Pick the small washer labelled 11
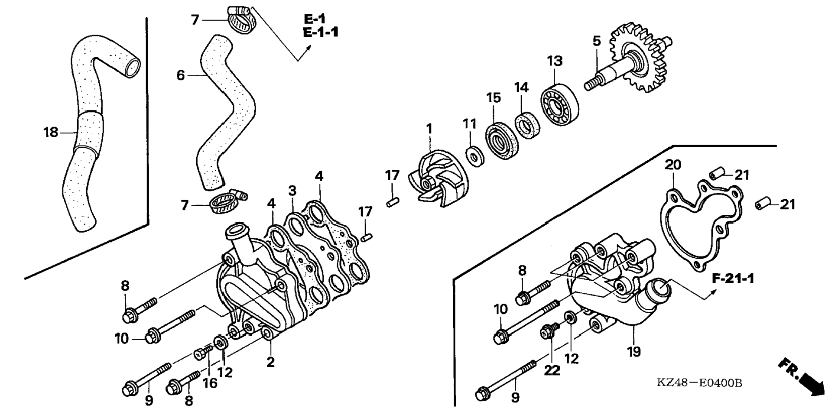point(475,156)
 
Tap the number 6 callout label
point(180,75)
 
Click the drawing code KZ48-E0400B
point(699,383)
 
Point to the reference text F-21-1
point(733,279)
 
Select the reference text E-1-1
point(321,32)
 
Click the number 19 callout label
point(633,351)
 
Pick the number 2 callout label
point(270,362)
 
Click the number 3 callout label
point(292,191)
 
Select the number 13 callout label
point(555,61)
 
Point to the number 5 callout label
point(597,41)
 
